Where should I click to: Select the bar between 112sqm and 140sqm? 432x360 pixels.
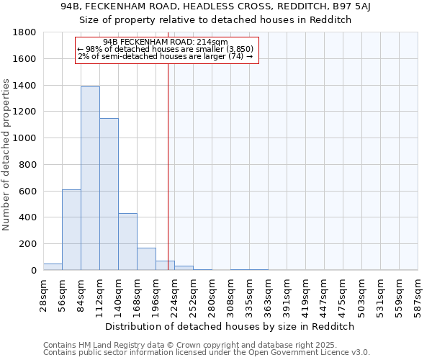(x=109, y=194)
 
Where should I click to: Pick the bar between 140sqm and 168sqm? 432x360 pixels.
(x=127, y=242)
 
